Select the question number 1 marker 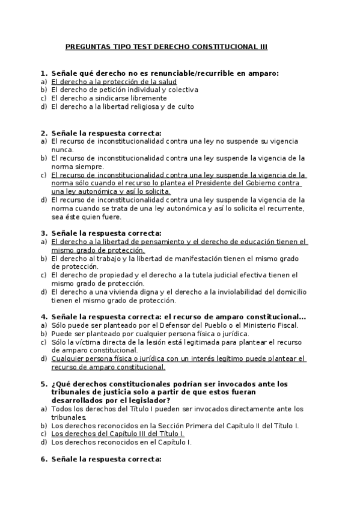coord(43,73)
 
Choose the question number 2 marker coord(43,133)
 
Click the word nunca coord(62,150)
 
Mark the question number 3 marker coord(43,233)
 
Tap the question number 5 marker coord(43,383)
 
